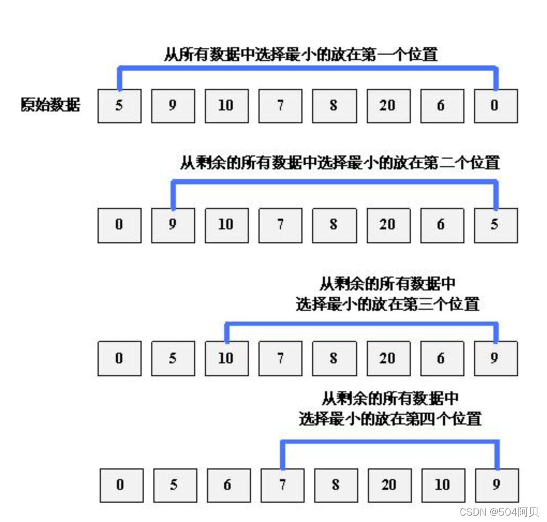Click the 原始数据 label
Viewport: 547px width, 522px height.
[x=50, y=105]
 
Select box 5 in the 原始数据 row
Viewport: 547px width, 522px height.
[x=119, y=106]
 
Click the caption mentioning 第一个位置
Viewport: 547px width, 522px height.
[x=300, y=54]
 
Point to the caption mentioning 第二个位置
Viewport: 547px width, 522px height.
[x=339, y=162]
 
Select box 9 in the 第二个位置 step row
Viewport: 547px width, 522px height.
[x=173, y=225]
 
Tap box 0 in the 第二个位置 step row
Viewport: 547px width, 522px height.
[x=119, y=225]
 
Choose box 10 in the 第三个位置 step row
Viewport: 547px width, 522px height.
[x=226, y=358]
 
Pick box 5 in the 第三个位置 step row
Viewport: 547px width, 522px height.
[x=173, y=358]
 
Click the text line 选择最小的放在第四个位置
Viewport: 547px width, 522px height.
[x=390, y=419]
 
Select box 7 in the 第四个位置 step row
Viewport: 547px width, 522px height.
[x=282, y=486]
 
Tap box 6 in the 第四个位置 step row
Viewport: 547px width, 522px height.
[x=228, y=486]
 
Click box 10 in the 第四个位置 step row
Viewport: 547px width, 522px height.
[x=443, y=486]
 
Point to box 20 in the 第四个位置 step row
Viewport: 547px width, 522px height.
[x=389, y=486]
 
